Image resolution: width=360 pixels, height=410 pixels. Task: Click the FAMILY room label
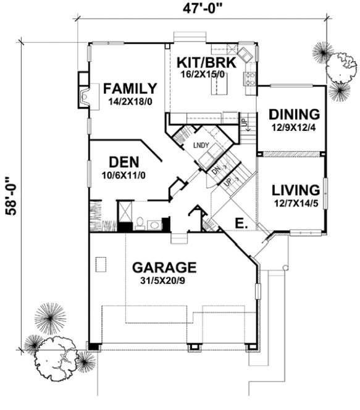point(130,88)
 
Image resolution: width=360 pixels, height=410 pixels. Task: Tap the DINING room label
point(294,114)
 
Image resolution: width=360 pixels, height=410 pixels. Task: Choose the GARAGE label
point(165,267)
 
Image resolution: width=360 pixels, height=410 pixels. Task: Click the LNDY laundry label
point(201,146)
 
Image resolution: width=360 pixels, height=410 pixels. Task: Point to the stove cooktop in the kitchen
point(251,78)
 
